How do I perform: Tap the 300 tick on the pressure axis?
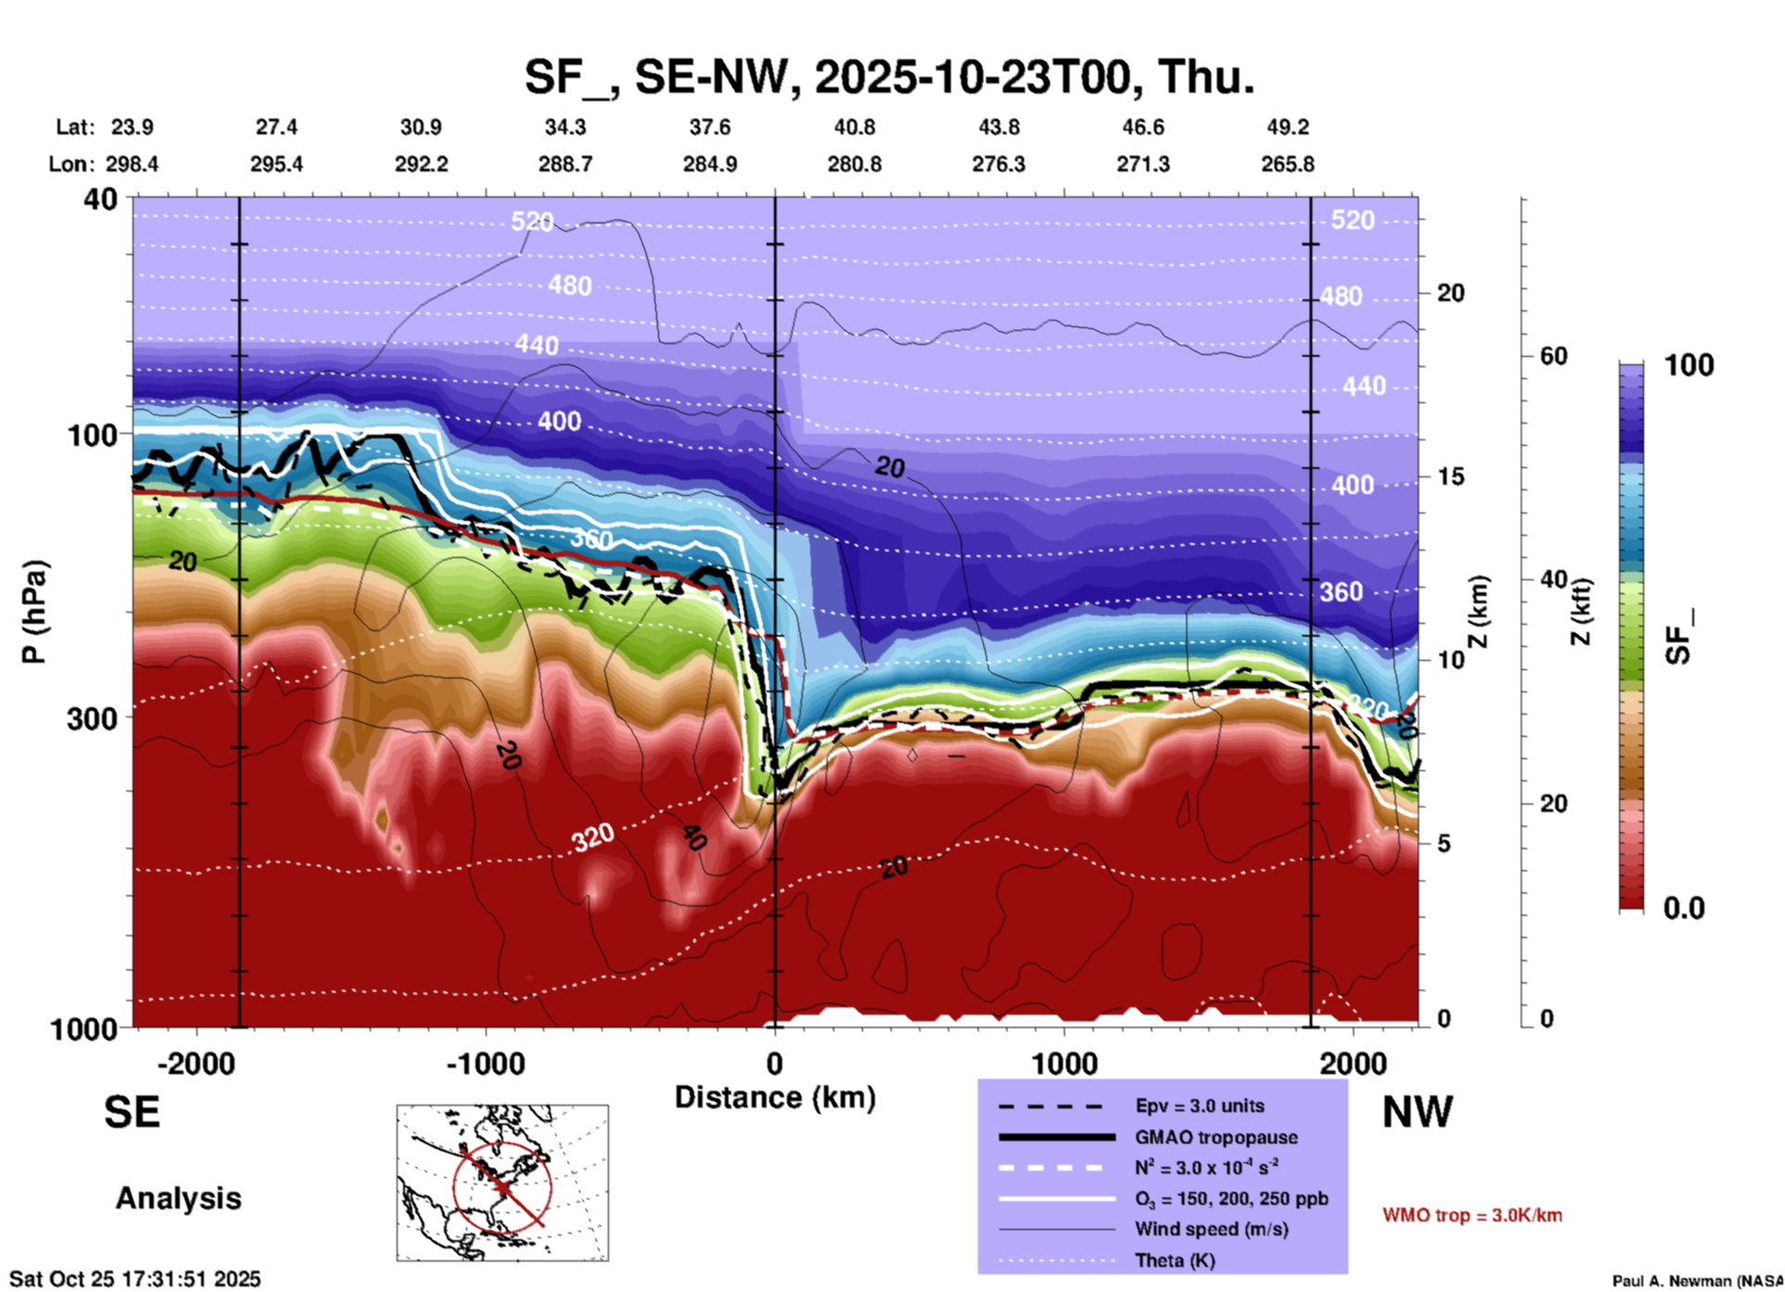click(92, 718)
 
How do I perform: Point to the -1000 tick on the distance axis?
click(486, 1063)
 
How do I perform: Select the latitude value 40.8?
click(854, 127)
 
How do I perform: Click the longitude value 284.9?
click(710, 164)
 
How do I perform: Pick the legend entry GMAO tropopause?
click(1216, 1137)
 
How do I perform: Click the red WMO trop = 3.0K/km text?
click(1472, 1215)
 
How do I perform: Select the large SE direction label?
click(132, 1112)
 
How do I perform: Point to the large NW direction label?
click(1417, 1112)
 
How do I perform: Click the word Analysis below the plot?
click(178, 1198)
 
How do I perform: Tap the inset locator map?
click(502, 1182)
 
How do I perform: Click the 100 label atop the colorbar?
click(1689, 365)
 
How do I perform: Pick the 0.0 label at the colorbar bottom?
click(1684, 908)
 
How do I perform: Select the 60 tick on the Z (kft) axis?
click(1553, 356)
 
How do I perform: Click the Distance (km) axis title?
click(775, 1097)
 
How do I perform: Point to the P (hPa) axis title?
click(33, 612)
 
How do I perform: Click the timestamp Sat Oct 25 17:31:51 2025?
click(135, 1279)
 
